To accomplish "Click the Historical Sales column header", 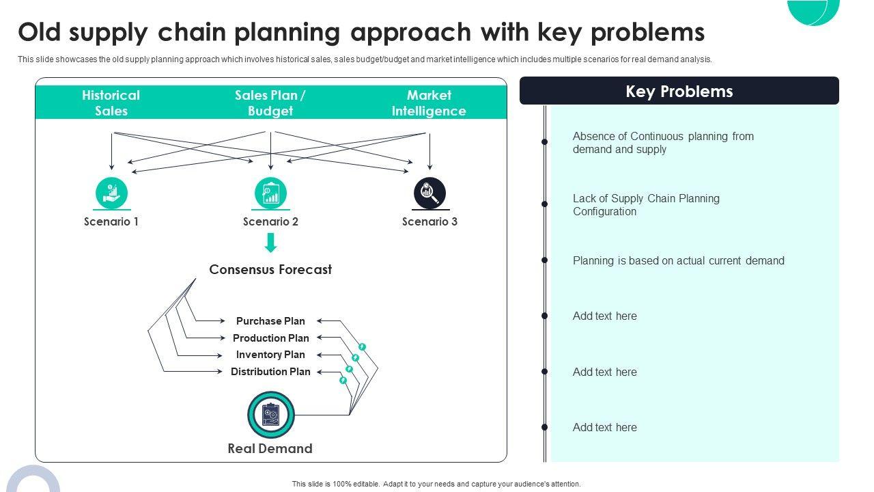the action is (111, 103).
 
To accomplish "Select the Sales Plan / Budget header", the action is (270, 103).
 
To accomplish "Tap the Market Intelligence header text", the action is (429, 103).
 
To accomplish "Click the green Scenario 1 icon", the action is (111, 193).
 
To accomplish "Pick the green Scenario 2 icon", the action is (271, 193).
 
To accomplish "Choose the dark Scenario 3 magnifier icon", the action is (429, 193).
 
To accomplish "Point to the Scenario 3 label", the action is (429, 222).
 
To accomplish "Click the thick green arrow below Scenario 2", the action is (271, 243).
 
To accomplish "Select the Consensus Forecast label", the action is (270, 269).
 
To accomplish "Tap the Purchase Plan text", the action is (270, 321).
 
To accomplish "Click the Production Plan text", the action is (271, 338).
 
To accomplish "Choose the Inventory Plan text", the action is (270, 355).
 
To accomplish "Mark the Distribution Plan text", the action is (270, 371).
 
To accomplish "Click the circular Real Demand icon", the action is (271, 415).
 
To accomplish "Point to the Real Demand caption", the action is (270, 449).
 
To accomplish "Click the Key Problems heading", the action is (679, 92).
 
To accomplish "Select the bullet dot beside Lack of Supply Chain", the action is (545, 204).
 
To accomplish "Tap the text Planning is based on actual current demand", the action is (679, 260).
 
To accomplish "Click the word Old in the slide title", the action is (40, 32).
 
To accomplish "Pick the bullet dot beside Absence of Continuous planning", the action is (545, 141).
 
